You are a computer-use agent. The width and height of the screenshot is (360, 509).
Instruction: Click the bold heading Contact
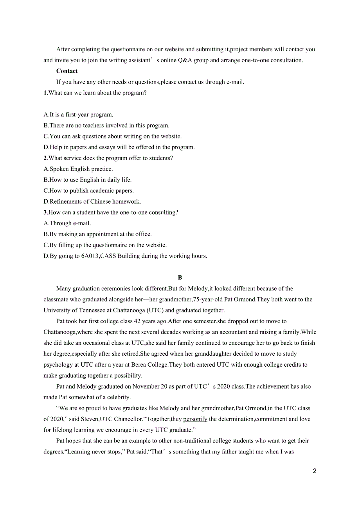pos(67,71)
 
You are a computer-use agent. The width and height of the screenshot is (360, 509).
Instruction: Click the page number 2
pos(315,471)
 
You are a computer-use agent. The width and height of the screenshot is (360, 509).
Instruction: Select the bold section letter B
pos(180,278)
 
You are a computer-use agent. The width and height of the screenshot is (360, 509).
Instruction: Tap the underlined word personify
pos(195,419)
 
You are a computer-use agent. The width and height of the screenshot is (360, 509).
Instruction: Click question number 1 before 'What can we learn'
pos(45,93)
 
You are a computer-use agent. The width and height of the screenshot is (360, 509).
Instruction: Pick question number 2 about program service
pos(45,158)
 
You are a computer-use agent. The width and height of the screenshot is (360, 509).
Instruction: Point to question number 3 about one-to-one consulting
pos(45,213)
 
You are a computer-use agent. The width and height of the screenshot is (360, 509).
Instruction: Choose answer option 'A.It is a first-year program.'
pos(78,115)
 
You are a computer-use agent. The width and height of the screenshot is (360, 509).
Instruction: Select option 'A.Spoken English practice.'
pos(78,169)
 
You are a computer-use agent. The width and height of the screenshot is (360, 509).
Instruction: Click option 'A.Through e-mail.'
pos(67,224)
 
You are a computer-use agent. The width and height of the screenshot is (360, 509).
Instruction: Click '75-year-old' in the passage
pos(208,300)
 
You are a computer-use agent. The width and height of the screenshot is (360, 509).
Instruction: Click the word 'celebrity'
pos(118,398)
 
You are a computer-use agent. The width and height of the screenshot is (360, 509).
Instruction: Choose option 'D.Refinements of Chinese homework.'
pos(92,202)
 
